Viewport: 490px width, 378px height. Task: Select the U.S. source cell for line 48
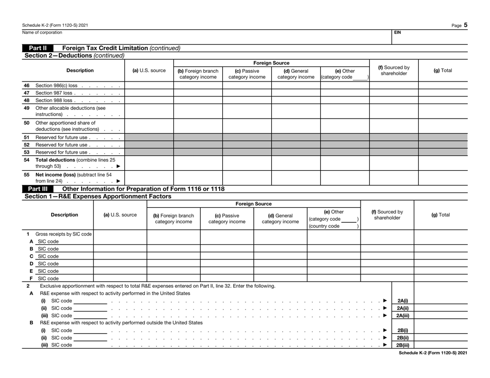(146, 101)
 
